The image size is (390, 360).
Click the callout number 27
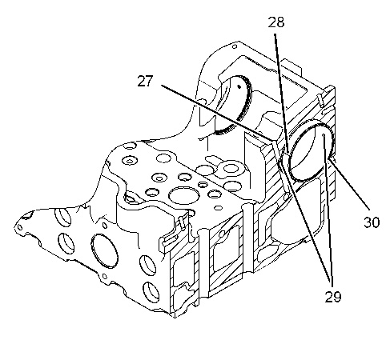145,81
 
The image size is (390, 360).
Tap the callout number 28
276,22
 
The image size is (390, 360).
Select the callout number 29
333,296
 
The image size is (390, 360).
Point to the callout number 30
372,222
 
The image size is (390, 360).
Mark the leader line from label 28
281,94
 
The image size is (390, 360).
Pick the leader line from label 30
349,182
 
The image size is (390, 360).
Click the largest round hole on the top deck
184,195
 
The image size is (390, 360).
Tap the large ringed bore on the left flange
104,250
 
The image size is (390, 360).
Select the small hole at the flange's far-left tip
20,227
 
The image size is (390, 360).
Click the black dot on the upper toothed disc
239,86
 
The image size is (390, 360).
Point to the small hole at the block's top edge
235,46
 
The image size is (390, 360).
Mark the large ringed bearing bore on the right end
312,151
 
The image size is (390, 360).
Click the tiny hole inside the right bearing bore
323,136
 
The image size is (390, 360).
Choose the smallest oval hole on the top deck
219,207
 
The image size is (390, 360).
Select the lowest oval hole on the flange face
151,292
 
